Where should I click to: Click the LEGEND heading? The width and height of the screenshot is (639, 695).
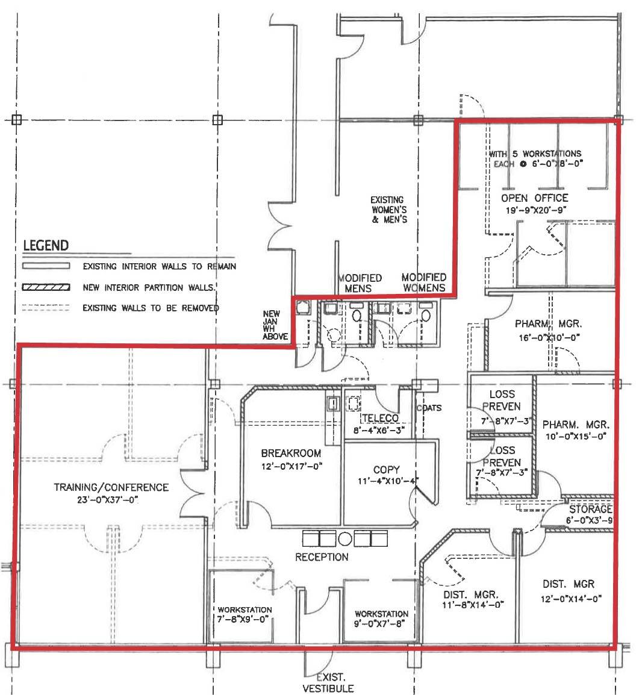[x=46, y=246]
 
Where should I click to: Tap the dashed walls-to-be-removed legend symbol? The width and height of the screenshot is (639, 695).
[x=46, y=308]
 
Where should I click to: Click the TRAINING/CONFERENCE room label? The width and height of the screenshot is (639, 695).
[x=111, y=487]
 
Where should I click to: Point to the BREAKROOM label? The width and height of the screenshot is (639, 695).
[x=291, y=453]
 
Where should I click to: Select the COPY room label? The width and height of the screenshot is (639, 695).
[x=386, y=470]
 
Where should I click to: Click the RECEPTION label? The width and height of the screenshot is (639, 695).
[x=322, y=557]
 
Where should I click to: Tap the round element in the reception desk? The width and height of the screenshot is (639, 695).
[x=345, y=538]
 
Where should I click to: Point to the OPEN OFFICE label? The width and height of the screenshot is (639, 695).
[x=534, y=198]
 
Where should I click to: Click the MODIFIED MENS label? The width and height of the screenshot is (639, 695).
[x=360, y=283]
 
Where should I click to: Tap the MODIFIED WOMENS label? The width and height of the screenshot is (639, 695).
[x=424, y=282]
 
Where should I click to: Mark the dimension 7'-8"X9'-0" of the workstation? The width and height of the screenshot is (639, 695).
[x=245, y=619]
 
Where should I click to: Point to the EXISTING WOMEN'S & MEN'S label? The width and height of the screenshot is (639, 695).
[x=387, y=210]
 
